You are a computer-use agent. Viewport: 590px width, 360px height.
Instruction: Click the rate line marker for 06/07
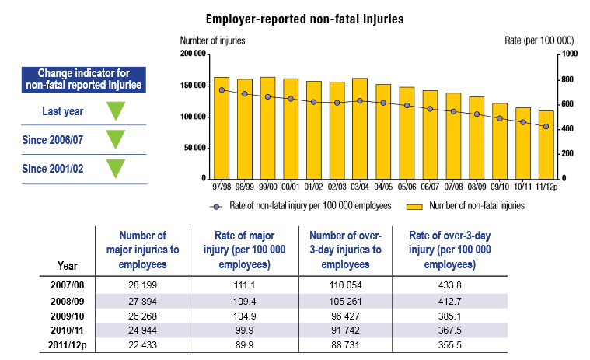pos(430,109)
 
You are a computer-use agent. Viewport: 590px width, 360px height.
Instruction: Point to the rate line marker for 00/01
pos(291,99)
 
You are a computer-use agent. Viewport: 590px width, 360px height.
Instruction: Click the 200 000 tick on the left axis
pos(190,54)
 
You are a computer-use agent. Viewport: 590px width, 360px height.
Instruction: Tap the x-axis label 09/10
pos(500,187)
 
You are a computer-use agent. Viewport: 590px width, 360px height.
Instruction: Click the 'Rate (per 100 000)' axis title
pos(539,39)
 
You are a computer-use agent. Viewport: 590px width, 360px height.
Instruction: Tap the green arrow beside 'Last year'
pos(116,110)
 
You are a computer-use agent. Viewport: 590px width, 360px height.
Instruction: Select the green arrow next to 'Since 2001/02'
pos(116,168)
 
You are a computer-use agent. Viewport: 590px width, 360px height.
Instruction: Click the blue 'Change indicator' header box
pos(84,78)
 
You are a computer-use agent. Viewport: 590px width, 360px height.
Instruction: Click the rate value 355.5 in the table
pos(444,343)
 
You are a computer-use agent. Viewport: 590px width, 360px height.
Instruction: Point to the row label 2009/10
pos(65,315)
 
